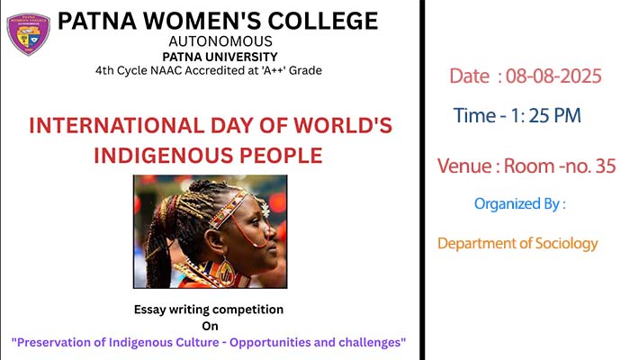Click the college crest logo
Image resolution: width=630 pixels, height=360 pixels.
point(29,34)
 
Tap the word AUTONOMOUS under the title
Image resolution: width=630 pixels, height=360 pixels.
point(220,41)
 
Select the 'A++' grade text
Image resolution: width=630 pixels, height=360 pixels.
point(274,70)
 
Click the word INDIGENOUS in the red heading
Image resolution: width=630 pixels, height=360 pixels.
point(163,156)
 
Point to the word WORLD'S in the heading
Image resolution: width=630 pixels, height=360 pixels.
point(343,125)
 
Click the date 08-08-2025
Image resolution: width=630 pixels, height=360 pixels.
point(553,76)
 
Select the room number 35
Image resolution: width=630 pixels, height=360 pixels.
point(606,166)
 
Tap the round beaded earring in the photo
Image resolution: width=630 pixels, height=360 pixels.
point(225,273)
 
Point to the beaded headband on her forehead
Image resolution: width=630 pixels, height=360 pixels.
point(229,210)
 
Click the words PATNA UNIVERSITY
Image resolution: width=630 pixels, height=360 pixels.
point(220,57)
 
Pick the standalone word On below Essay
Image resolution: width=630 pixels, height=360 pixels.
point(210,326)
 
